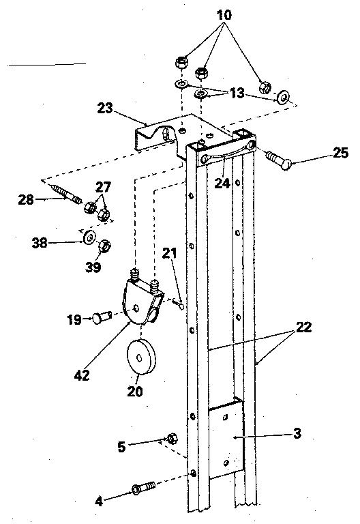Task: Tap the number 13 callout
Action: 237,93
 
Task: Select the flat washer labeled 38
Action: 89,238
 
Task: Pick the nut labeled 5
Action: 172,438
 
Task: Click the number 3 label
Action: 297,433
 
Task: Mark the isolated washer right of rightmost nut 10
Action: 282,98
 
